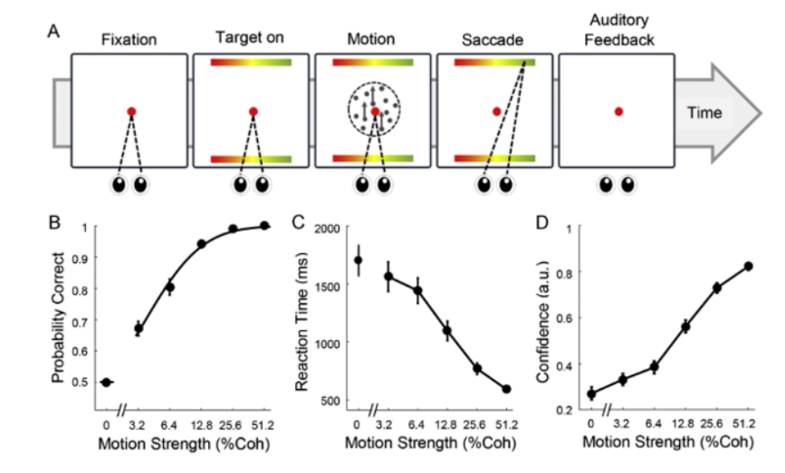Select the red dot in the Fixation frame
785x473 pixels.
[131, 111]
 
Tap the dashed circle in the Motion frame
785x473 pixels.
[374, 111]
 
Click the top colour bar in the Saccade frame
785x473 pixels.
[494, 62]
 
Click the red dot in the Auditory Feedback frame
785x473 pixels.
[618, 111]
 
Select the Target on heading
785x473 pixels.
[250, 38]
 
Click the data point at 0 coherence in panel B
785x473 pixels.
[106, 382]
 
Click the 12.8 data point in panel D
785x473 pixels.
[685, 326]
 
